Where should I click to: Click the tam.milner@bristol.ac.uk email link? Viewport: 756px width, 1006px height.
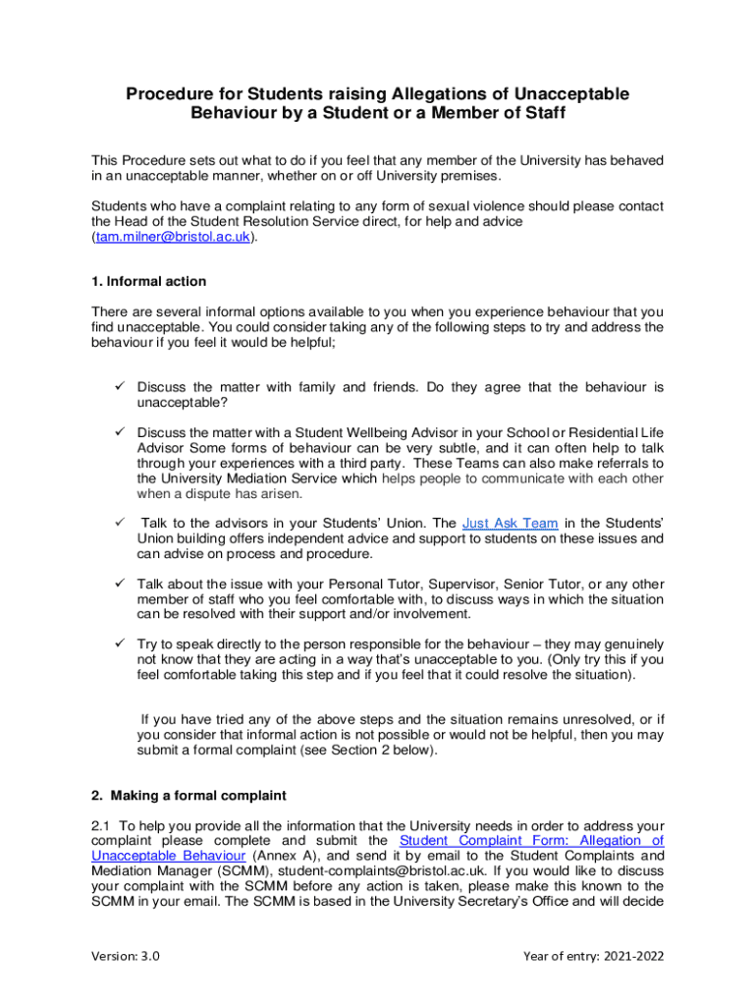(173, 238)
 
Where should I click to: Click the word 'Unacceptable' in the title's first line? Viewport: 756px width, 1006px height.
(549, 94)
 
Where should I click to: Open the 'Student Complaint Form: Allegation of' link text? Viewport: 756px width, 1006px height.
(531, 840)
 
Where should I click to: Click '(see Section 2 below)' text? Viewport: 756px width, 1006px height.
(359, 751)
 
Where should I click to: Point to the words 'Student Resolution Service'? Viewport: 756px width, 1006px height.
(264, 222)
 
